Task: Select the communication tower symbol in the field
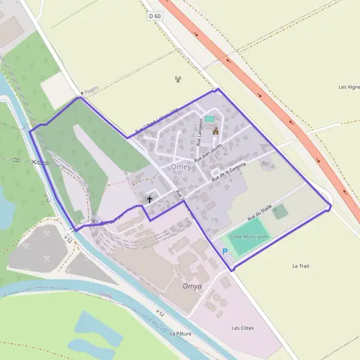pyautogui.click(x=178, y=79)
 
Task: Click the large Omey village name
pyautogui.click(x=181, y=167)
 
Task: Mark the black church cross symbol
pyautogui.click(x=149, y=199)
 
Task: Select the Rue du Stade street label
pyautogui.click(x=259, y=214)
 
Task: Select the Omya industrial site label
pyautogui.click(x=192, y=286)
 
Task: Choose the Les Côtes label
pyautogui.click(x=242, y=328)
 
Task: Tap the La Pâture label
pyautogui.click(x=180, y=333)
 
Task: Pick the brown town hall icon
pyautogui.click(x=215, y=130)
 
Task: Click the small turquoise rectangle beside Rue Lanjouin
pyautogui.click(x=209, y=119)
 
